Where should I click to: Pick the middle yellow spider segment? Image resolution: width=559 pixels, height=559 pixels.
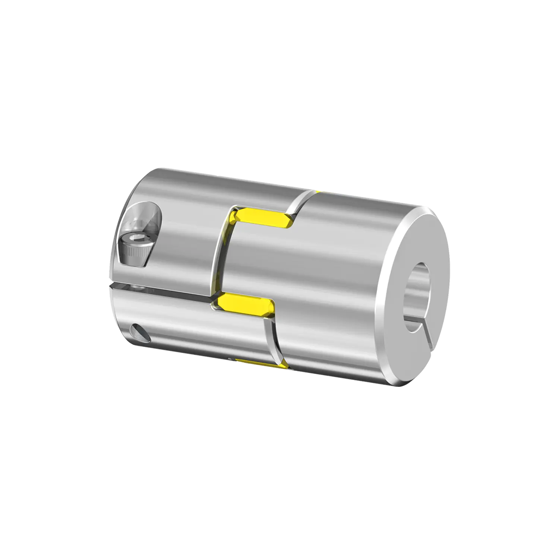242,304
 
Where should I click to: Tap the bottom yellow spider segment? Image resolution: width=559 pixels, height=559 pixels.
257,363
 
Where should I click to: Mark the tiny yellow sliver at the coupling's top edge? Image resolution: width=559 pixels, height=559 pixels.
317,191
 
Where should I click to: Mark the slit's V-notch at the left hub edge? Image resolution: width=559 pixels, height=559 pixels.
111,286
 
